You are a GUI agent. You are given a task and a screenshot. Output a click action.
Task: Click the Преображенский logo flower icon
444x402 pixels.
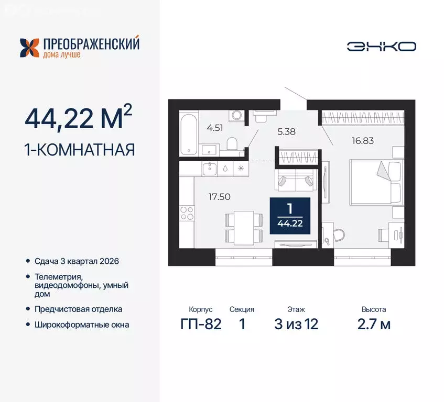[x=30, y=47]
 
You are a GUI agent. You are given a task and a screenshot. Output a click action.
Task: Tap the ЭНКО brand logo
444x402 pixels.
[x=381, y=46]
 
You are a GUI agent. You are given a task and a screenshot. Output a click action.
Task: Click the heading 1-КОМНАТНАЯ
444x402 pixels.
[x=80, y=150]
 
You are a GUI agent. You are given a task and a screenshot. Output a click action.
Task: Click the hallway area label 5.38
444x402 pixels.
[x=286, y=131]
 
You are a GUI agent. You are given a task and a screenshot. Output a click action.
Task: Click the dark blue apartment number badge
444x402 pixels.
[x=290, y=215]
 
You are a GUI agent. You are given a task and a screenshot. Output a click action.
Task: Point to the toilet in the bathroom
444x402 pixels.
[x=233, y=142]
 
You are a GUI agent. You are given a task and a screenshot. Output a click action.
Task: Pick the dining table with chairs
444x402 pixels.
[x=244, y=226]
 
